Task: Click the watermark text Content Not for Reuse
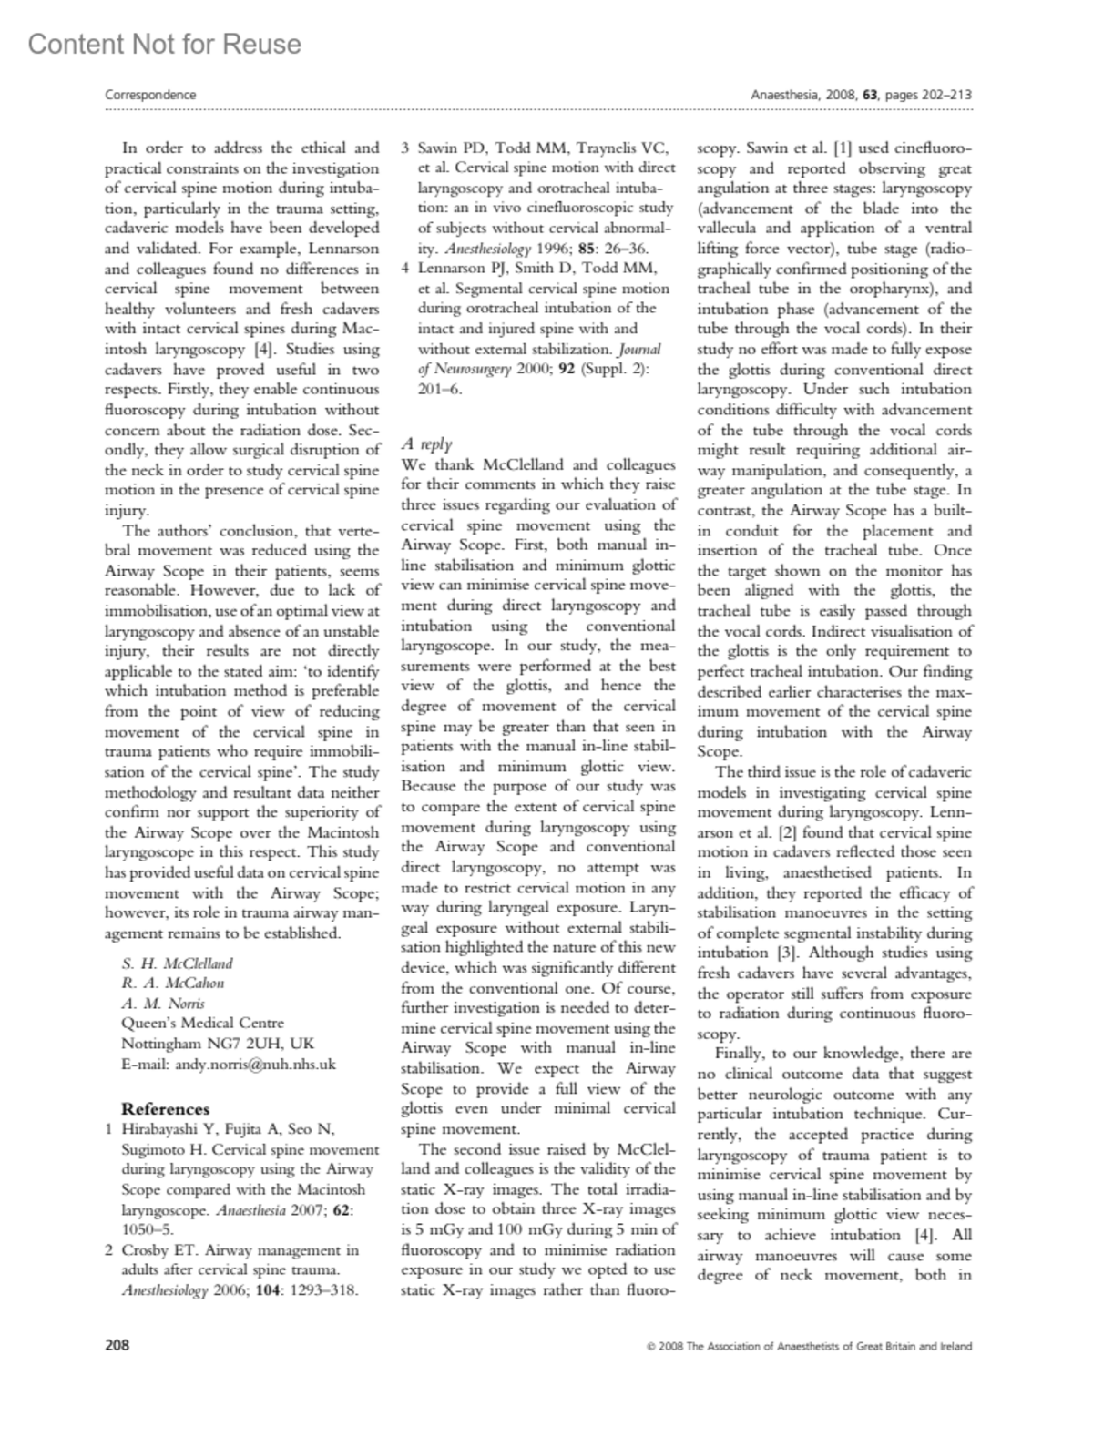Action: point(164,44)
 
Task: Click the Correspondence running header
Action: point(150,95)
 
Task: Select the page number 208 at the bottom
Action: point(117,1345)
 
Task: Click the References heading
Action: point(166,1109)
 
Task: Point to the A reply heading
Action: point(426,443)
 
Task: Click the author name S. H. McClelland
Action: point(177,963)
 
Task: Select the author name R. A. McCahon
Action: point(172,983)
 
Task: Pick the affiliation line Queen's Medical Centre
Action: point(202,1024)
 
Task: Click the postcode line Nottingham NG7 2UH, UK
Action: point(218,1044)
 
